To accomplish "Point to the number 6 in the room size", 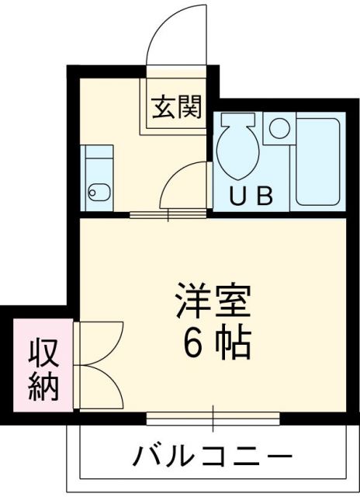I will tap(192, 342).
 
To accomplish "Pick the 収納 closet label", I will tap(45, 369).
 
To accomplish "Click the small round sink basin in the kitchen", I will tap(93, 191).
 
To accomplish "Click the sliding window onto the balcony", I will tap(213, 418).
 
